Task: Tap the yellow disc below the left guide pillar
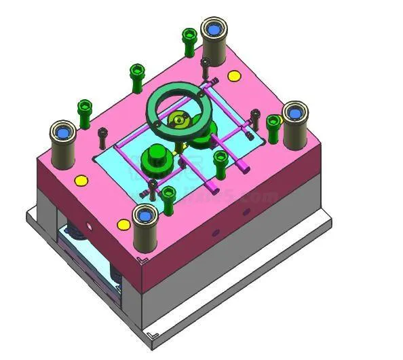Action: point(81,181)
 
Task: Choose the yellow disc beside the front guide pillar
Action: point(123,224)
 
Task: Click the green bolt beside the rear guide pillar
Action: point(189,42)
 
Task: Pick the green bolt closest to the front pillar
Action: point(168,196)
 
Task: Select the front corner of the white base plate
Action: point(155,335)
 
